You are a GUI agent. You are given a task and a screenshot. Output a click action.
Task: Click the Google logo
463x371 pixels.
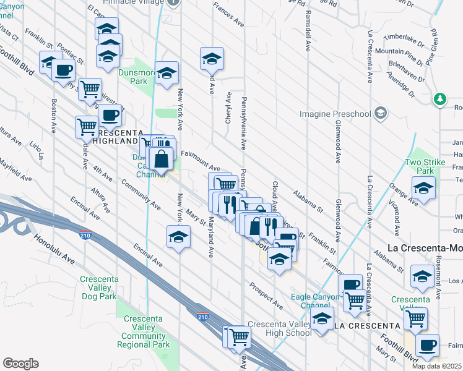tap(20, 364)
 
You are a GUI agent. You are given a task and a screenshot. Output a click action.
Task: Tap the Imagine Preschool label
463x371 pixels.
tap(334, 114)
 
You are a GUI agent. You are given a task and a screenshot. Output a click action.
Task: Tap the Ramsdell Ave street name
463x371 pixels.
tap(308, 31)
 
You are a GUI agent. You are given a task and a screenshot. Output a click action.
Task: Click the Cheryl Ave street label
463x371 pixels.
tap(228, 108)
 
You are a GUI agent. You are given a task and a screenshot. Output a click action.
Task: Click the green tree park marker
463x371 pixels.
tap(440, 98)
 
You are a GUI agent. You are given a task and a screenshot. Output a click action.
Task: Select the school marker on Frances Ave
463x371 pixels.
tap(212, 59)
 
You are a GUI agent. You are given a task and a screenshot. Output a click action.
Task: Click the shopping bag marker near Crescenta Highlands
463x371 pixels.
tap(161, 160)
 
